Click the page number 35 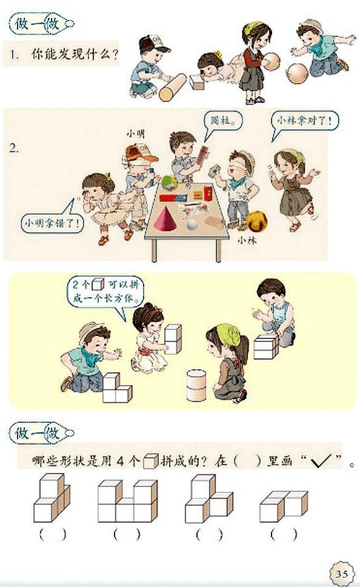pyautogui.click(x=341, y=574)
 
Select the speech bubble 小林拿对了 pyautogui.click(x=305, y=121)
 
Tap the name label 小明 pyautogui.click(x=135, y=132)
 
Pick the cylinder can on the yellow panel pyautogui.click(x=198, y=386)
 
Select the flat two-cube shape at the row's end pyautogui.click(x=283, y=506)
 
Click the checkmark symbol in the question pyautogui.click(x=322, y=463)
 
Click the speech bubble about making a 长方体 pyautogui.click(x=102, y=291)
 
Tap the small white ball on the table pyautogui.click(x=192, y=225)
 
